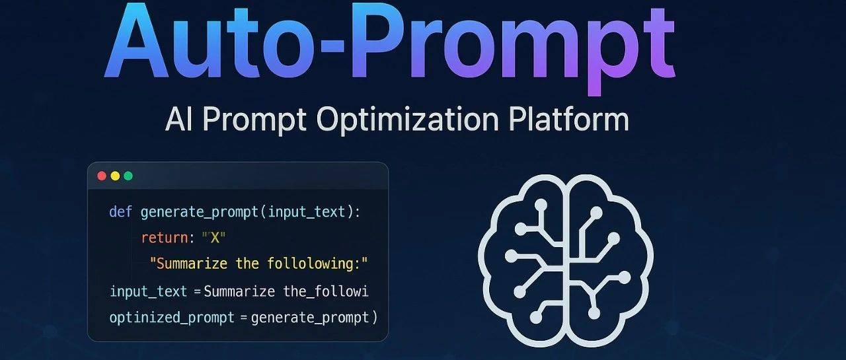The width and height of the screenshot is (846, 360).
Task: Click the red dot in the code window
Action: [x=102, y=176]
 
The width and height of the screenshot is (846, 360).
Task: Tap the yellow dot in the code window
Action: [x=115, y=176]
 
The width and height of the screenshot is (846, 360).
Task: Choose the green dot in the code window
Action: [x=128, y=176]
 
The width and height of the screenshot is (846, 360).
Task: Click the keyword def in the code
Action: [x=121, y=212]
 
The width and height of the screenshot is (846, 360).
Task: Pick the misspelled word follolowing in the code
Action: [x=317, y=264]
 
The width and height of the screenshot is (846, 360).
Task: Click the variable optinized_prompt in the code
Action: [x=172, y=317]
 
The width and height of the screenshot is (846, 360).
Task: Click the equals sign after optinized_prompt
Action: [x=243, y=317]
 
